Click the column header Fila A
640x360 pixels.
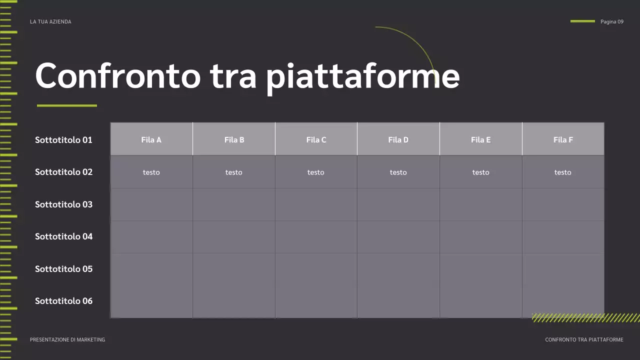tap(151, 140)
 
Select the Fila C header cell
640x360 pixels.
tap(316, 140)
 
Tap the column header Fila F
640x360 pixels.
tap(563, 140)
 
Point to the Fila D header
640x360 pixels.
tap(398, 140)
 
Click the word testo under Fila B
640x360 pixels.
tap(233, 172)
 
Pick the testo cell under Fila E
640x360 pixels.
tap(480, 172)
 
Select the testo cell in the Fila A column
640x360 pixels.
tap(151, 172)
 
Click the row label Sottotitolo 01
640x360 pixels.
tap(63, 140)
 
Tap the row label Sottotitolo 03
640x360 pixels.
tap(63, 204)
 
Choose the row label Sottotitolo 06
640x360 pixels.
tap(63, 301)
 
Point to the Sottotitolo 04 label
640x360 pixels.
tap(63, 236)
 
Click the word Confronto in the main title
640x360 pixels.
tap(117, 76)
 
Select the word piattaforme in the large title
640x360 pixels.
tap(362, 76)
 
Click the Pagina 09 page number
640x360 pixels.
tap(611, 22)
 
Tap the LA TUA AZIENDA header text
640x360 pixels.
tap(50, 22)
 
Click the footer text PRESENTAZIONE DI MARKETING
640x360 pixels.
tap(67, 340)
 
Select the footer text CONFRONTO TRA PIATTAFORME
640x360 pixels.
tap(584, 340)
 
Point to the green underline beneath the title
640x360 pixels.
tap(67, 105)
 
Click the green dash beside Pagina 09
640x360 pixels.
tap(582, 21)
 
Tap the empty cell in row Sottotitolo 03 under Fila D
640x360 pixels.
tap(398, 204)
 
